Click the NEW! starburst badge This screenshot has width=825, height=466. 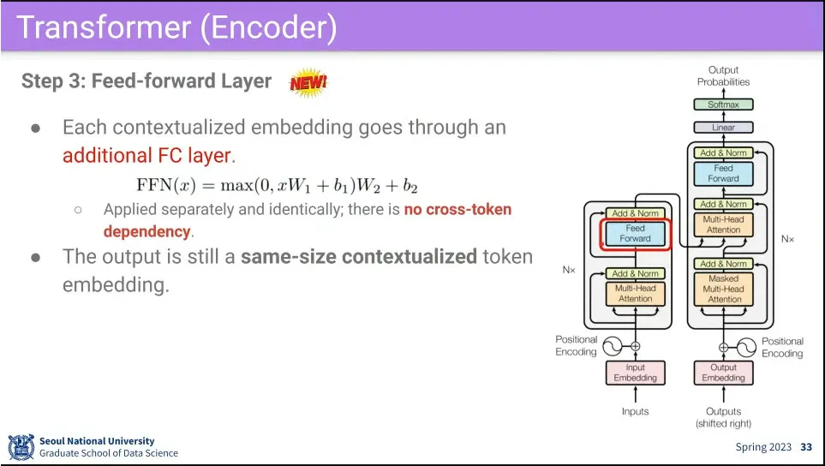coord(308,82)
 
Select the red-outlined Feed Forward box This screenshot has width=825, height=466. coord(635,234)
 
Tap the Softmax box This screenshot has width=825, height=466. coord(723,105)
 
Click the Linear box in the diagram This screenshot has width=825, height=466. coord(723,128)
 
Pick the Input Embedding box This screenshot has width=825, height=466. coord(635,373)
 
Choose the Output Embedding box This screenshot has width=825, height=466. coord(723,373)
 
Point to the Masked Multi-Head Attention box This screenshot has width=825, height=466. coord(723,289)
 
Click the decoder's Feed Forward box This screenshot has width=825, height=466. coord(723,174)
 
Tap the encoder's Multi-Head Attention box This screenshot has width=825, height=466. coord(635,294)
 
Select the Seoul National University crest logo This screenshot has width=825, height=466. coord(21,447)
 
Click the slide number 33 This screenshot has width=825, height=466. coord(806,447)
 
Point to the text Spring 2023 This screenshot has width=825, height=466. coord(763,447)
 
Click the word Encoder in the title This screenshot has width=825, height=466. coord(269,27)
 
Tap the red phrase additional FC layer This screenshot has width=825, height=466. coord(146,156)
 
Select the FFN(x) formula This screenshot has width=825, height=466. coord(277,185)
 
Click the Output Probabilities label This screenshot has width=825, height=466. coord(723,75)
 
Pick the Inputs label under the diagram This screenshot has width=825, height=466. coord(635,411)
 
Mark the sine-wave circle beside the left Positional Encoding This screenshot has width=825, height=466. coord(613,346)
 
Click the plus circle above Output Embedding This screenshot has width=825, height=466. coord(723,347)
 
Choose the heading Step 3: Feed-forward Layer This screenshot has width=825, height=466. coord(146,81)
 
